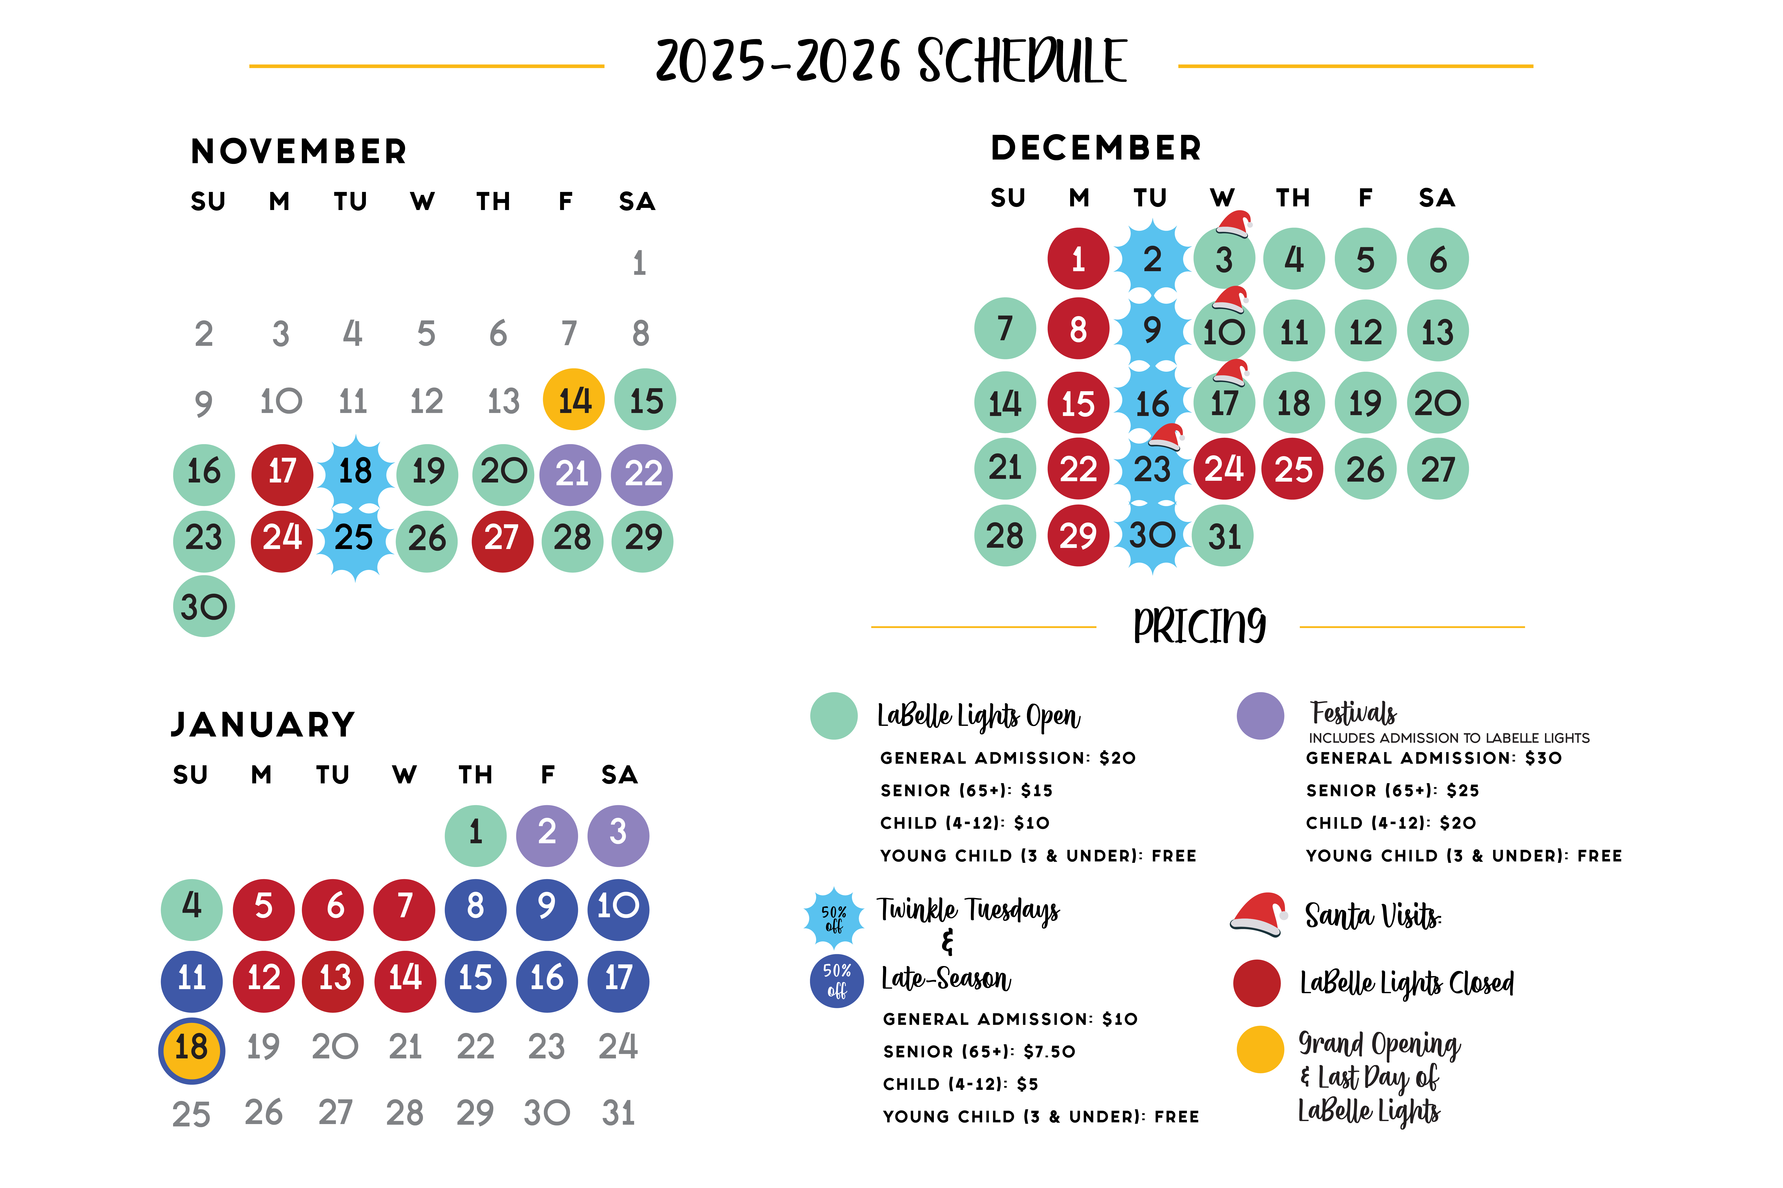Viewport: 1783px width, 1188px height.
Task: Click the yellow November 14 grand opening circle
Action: click(574, 399)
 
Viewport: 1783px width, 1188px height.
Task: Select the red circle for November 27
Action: click(502, 540)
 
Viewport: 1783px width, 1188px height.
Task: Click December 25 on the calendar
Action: click(1293, 469)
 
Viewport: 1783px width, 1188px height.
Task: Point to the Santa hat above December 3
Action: click(1234, 223)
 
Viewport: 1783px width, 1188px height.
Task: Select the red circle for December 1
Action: click(1078, 258)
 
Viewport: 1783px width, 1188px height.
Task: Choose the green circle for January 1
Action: click(475, 835)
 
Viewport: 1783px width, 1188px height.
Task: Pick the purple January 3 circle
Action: click(618, 835)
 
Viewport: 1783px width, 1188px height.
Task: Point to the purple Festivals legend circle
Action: click(1260, 715)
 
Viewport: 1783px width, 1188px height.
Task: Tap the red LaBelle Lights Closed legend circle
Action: click(1257, 983)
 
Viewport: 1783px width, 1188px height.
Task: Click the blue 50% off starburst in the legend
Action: click(834, 917)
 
